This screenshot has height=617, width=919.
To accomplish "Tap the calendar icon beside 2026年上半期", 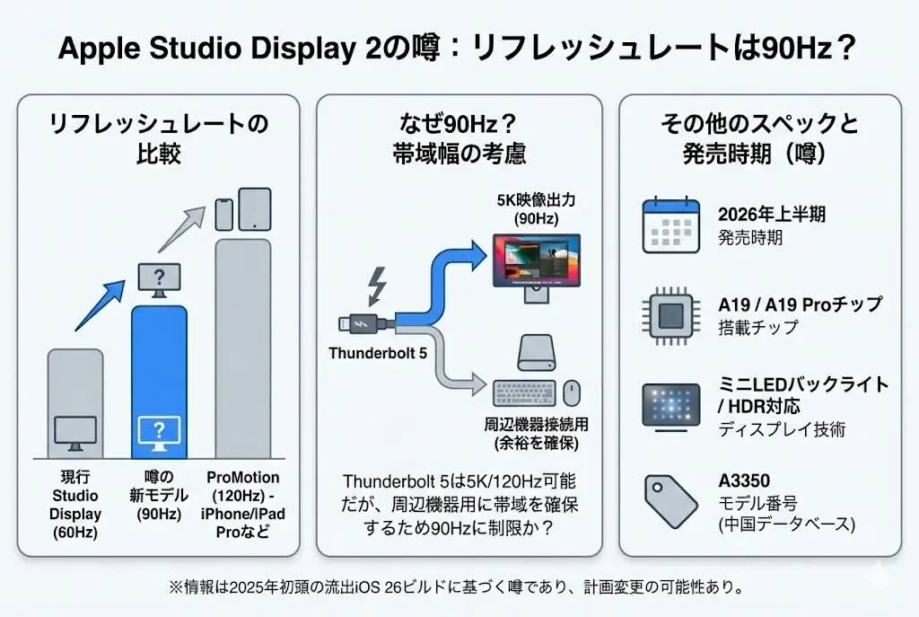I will pyautogui.click(x=670, y=225).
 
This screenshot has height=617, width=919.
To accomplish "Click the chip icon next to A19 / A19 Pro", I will pyautogui.click(x=670, y=314).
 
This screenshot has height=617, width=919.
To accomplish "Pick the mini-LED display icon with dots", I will pyautogui.click(x=670, y=406).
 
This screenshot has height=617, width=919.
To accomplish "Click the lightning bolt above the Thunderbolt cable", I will pyautogui.click(x=378, y=286).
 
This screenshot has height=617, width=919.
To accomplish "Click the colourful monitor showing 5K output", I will pyautogui.click(x=537, y=262).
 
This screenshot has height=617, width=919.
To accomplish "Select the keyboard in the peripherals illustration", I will pyautogui.click(x=525, y=393).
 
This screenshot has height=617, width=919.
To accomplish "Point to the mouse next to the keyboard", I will pyautogui.click(x=572, y=392).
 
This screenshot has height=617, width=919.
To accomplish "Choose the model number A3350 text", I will pyautogui.click(x=744, y=480).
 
